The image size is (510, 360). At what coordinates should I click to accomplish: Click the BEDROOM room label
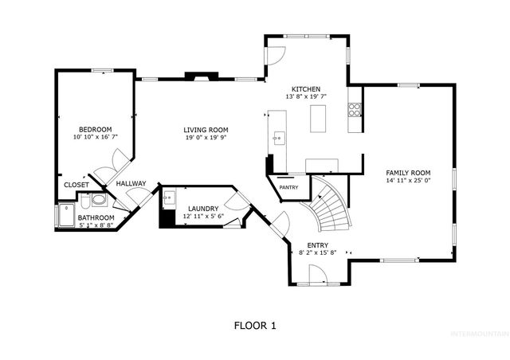tap(95, 129)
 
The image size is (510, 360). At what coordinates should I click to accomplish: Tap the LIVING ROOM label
tap(206, 130)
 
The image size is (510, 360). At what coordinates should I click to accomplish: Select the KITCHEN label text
tap(305, 88)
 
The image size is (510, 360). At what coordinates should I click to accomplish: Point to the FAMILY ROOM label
tap(408, 173)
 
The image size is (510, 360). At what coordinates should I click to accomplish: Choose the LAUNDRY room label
tap(203, 209)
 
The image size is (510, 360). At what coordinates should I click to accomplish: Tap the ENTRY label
tap(317, 245)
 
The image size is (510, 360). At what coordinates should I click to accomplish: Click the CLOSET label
tap(76, 185)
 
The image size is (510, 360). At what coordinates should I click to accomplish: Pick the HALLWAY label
tap(131, 184)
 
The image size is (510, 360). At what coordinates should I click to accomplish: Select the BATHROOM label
tap(96, 217)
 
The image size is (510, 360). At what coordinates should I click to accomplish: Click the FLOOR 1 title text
tap(254, 325)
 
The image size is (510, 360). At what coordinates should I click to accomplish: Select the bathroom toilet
tap(98, 201)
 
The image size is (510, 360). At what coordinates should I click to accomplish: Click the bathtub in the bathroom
tap(65, 215)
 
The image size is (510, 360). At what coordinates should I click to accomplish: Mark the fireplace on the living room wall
tap(199, 77)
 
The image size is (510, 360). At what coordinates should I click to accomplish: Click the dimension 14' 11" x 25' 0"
tap(408, 181)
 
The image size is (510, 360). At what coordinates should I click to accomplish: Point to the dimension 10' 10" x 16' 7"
tap(95, 138)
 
